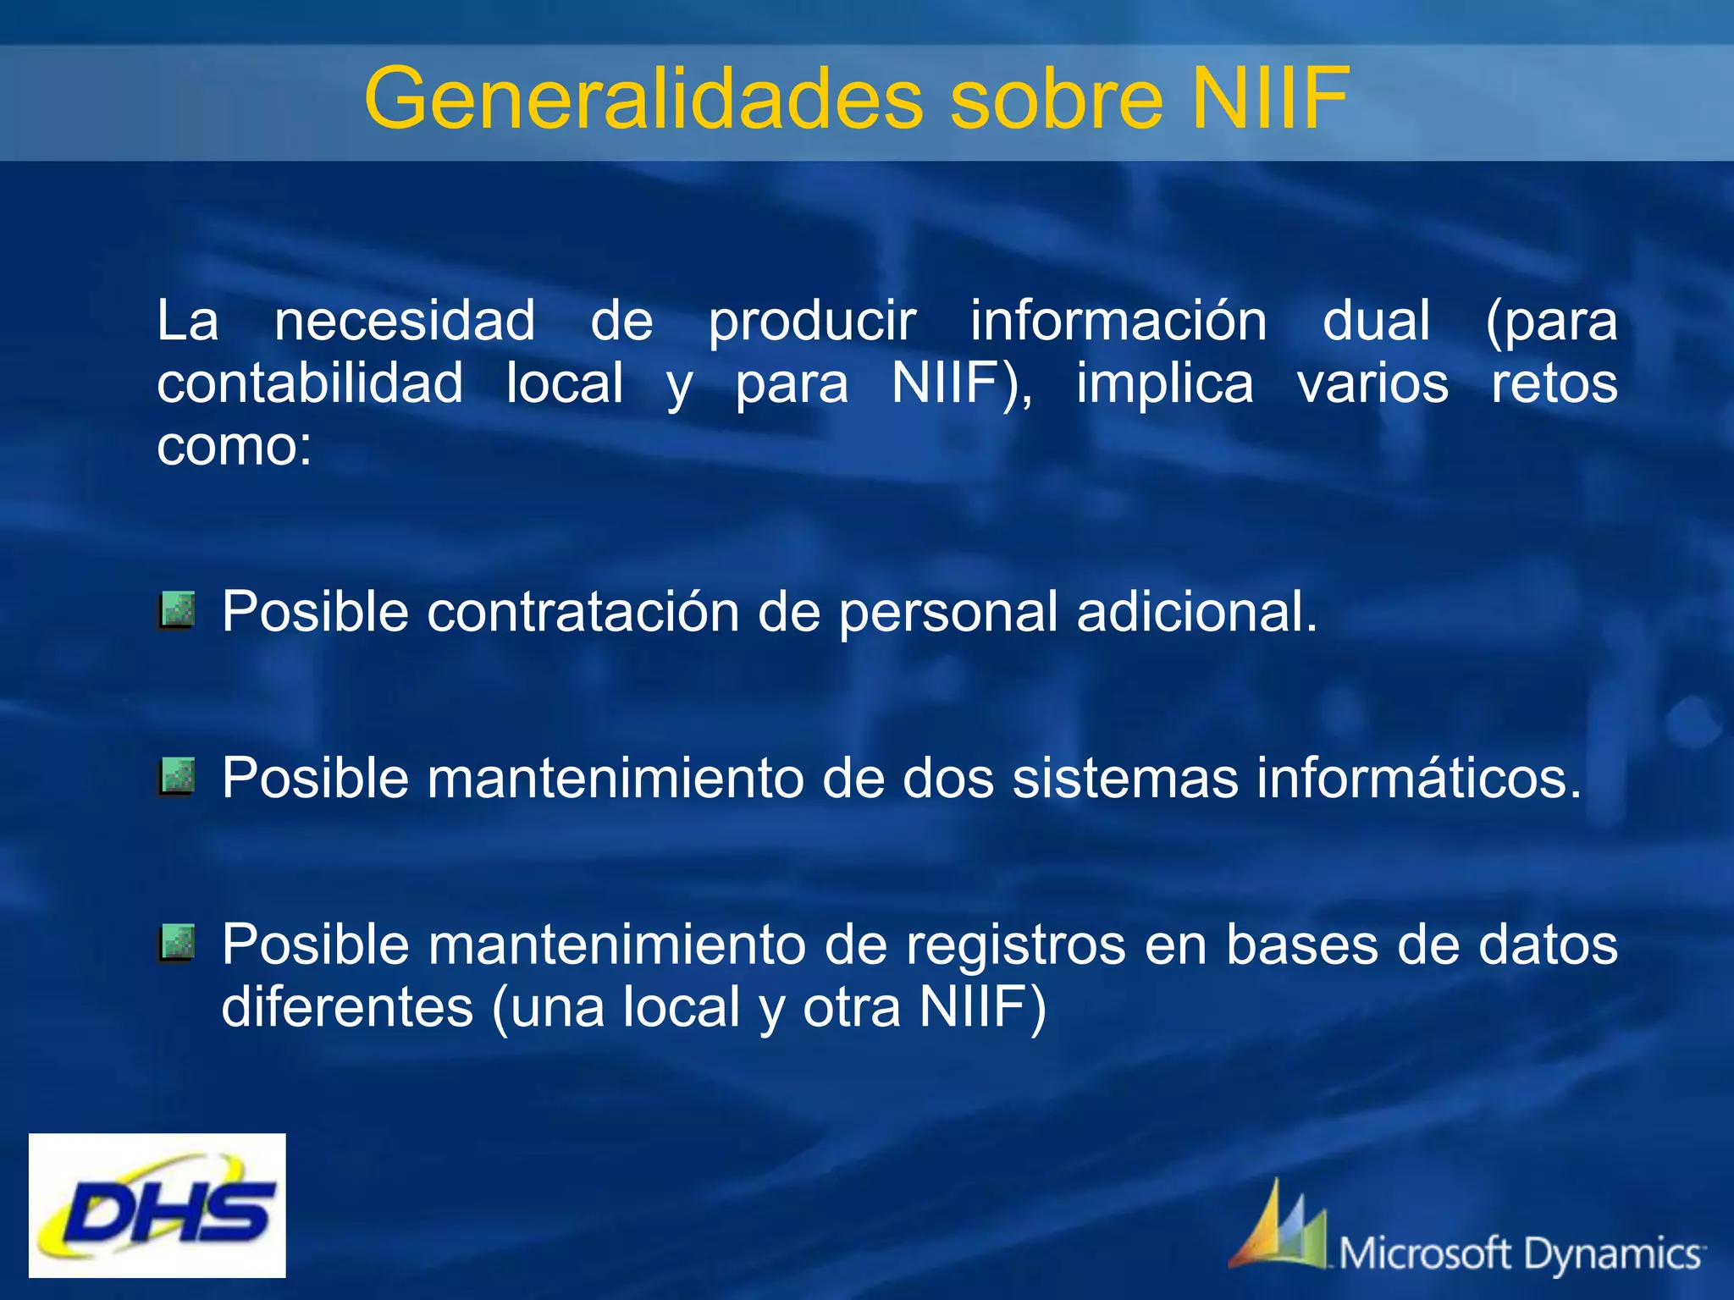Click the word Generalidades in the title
643,100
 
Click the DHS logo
157,1204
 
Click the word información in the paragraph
1118,322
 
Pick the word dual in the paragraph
1377,322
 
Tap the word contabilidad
310,383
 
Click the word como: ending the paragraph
235,446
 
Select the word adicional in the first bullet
1196,611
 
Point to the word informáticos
1418,778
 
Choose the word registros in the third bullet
1016,945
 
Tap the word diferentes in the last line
347,1007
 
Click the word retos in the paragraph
1554,383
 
